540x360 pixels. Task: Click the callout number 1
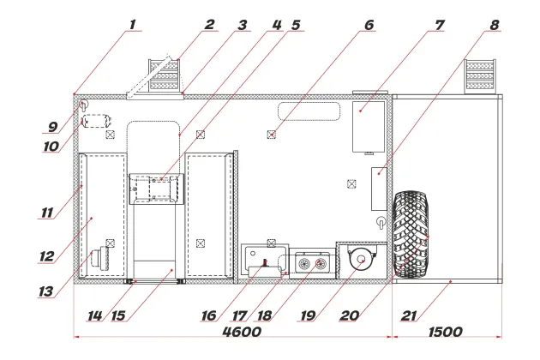pyautogui.click(x=132, y=26)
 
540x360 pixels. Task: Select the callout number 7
pyautogui.click(x=439, y=26)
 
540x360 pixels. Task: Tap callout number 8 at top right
pyautogui.click(x=495, y=26)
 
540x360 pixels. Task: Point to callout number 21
pyautogui.click(x=409, y=315)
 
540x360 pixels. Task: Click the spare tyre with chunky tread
pyautogui.click(x=412, y=234)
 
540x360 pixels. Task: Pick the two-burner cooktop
pyautogui.click(x=310, y=261)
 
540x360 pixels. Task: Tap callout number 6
pyautogui.click(x=369, y=26)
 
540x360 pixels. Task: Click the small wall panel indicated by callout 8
pyautogui.click(x=378, y=189)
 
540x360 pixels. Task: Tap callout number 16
pyautogui.click(x=208, y=315)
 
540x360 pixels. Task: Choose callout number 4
pyautogui.click(x=276, y=26)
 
